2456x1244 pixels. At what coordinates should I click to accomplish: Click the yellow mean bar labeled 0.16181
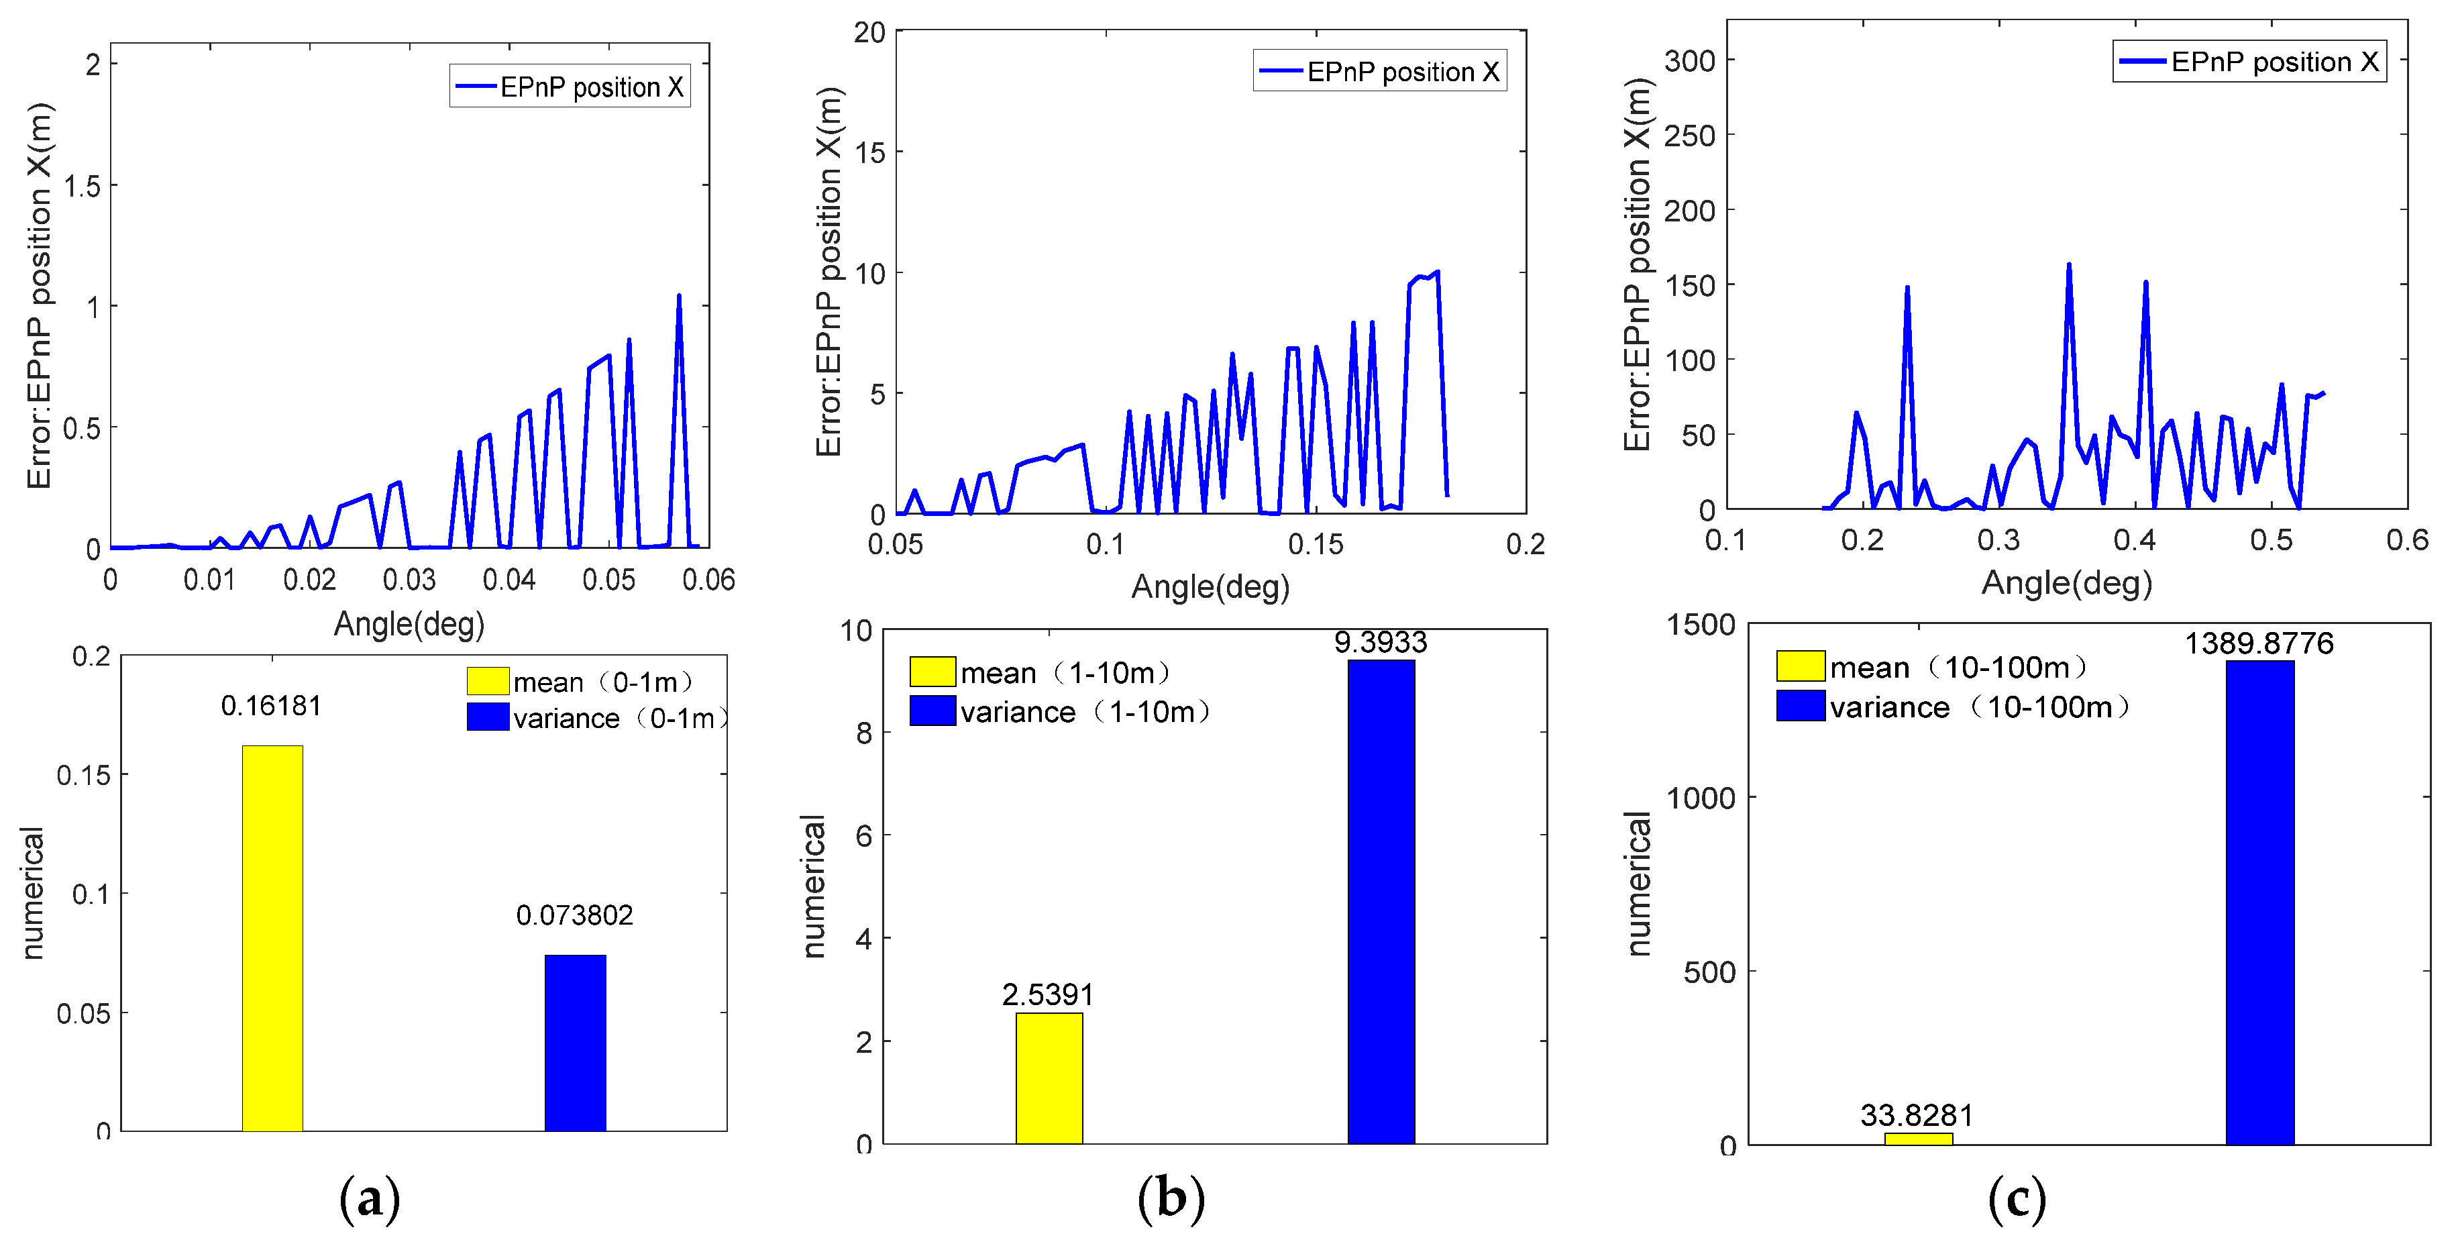click(272, 938)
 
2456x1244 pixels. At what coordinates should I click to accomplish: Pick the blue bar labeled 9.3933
click(1381, 901)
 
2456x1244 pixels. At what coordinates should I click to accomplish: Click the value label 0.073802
click(574, 915)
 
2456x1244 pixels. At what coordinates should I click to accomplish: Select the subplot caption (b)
click(1171, 1198)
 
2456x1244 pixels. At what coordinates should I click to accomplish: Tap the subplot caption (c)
click(2017, 1198)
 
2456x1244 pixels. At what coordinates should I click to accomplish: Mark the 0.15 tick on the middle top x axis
click(1316, 543)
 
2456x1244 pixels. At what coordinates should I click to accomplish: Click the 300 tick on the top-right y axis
click(1689, 60)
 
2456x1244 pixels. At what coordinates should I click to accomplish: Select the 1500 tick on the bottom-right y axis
click(1700, 625)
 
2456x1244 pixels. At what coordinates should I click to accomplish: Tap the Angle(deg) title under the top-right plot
click(2066, 582)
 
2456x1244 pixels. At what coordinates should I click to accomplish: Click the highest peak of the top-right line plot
click(2068, 265)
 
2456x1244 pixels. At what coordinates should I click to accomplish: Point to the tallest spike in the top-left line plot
click(679, 297)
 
